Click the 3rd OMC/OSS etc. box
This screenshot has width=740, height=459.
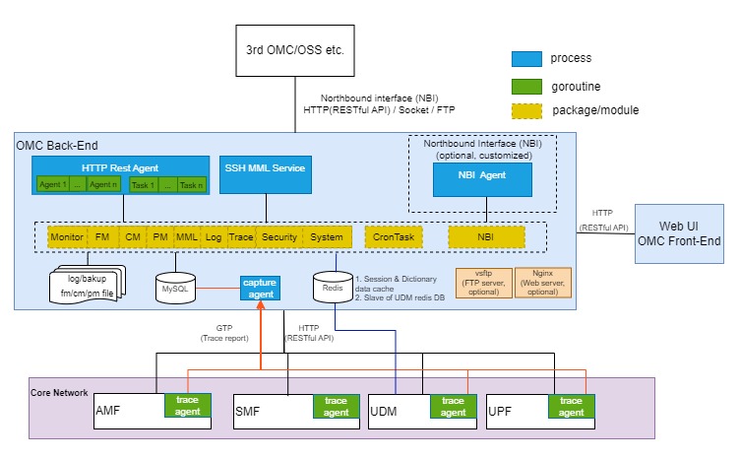[x=295, y=51]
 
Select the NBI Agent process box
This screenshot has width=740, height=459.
[x=481, y=178]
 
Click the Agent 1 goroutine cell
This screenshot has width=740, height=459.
[x=51, y=185]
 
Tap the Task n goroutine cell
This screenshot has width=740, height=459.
[x=190, y=185]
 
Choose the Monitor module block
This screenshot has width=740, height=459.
[x=67, y=237]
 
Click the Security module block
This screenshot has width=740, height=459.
[x=279, y=237]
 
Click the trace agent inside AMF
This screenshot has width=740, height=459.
[x=188, y=406]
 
